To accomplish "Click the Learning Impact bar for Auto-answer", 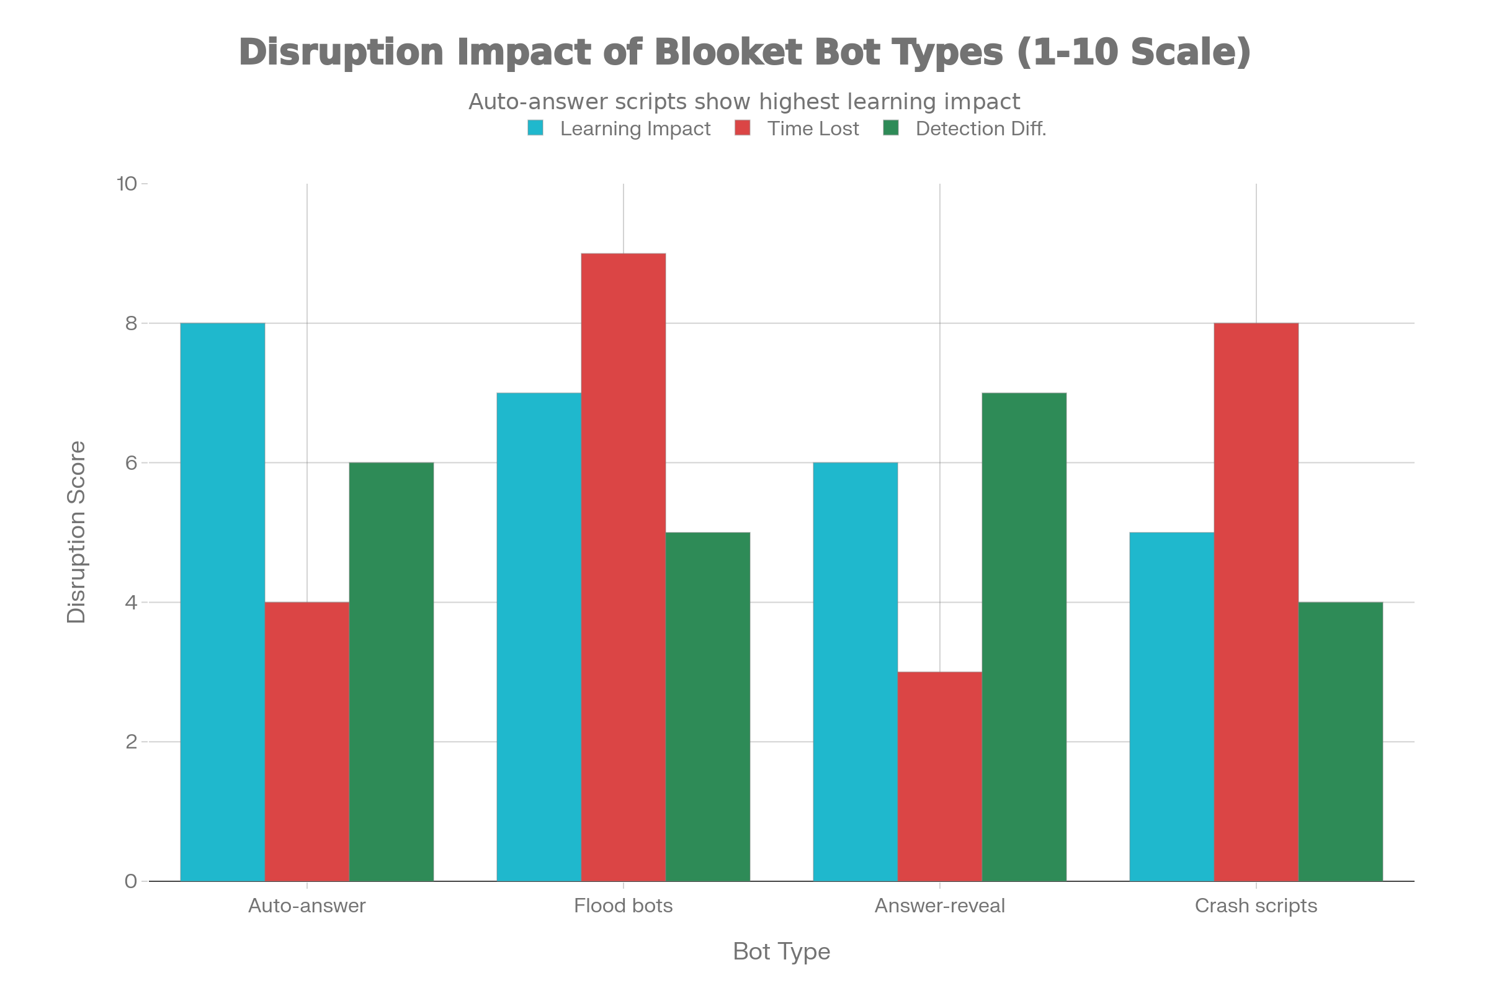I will (222, 601).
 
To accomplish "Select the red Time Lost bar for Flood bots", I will (623, 567).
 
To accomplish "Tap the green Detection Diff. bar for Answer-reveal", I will (1024, 637).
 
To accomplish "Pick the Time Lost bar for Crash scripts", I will (1256, 601).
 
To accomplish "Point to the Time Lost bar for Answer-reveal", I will (939, 776).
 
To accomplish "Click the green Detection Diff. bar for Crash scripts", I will (1340, 741).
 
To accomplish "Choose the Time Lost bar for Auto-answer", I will (306, 741).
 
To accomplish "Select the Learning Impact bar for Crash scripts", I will (1171, 706).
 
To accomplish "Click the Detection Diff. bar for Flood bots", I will (708, 706).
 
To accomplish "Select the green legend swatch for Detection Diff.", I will (891, 128).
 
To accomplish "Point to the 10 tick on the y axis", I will (127, 184).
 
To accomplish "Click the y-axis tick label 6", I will (131, 463).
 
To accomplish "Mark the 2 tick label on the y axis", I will (131, 742).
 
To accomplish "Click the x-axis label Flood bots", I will (623, 905).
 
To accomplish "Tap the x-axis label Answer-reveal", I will (939, 905).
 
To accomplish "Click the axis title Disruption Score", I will (76, 532).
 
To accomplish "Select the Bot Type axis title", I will (781, 952).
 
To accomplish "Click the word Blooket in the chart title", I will (728, 52).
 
